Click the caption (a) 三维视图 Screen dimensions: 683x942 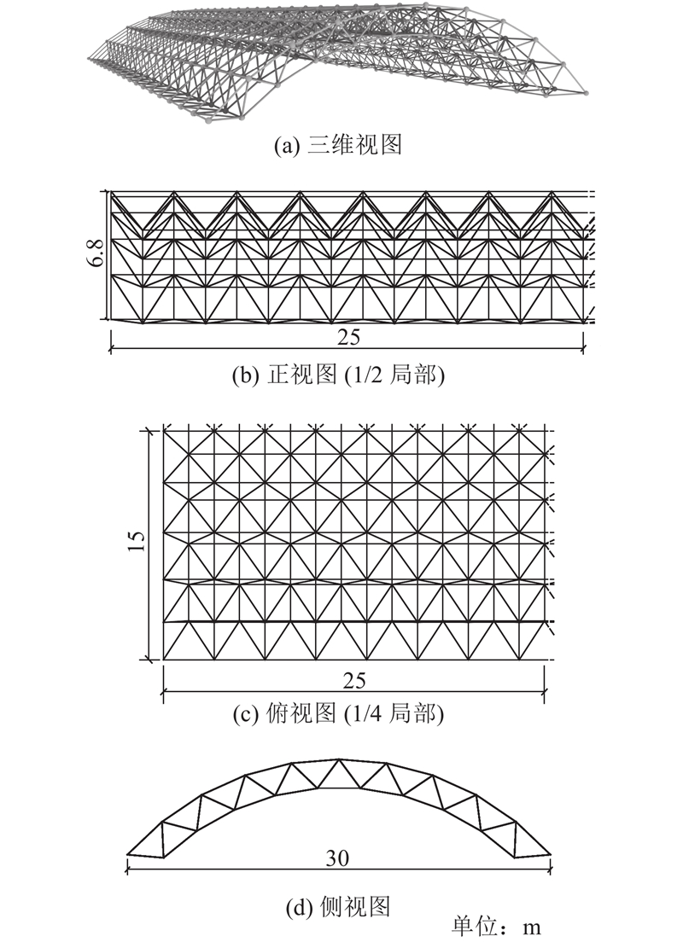coord(337,145)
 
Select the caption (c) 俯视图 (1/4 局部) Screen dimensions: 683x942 coord(338,713)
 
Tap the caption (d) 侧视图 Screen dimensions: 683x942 coord(338,906)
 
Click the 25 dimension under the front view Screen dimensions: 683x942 coord(348,337)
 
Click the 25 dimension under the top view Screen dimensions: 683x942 coord(354,681)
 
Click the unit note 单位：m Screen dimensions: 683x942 coord(497,927)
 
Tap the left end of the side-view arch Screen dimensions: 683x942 coord(127,853)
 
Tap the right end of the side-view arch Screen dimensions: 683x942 coord(550,853)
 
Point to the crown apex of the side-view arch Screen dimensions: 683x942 coord(339,760)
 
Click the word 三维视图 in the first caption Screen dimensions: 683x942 coord(354,145)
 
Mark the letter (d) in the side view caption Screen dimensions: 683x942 coord(298,906)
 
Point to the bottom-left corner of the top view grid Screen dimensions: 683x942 coord(164,660)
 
